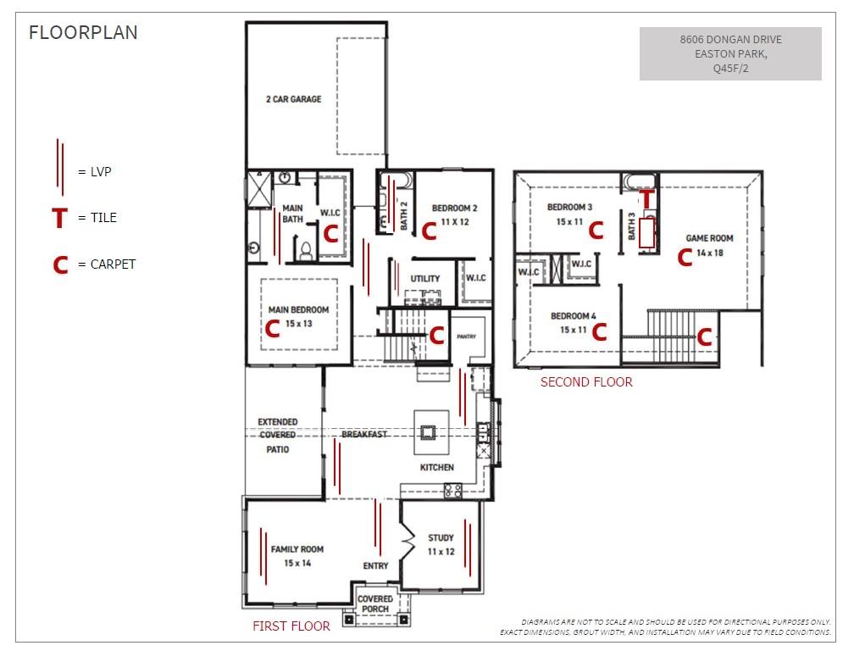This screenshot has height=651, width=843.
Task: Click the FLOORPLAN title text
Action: [83, 33]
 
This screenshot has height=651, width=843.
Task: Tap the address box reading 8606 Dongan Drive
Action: [729, 53]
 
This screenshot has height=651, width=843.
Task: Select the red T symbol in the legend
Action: [58, 219]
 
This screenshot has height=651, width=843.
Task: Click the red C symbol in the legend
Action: [59, 265]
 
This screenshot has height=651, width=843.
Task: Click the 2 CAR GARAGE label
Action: [293, 99]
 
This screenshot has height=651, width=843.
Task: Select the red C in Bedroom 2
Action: [429, 231]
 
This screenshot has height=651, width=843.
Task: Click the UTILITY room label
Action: [424, 279]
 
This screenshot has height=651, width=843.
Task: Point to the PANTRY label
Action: [466, 337]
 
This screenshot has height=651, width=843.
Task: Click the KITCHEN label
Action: [437, 467]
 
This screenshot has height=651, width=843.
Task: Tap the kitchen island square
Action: [429, 432]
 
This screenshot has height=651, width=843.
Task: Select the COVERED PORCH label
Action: [375, 604]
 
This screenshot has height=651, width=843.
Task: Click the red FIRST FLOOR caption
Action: [291, 626]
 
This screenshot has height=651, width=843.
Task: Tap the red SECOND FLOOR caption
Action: [586, 382]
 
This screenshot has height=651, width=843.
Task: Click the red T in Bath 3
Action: [646, 198]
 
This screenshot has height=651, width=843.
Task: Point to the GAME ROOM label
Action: [709, 238]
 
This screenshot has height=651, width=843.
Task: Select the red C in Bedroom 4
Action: [599, 331]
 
